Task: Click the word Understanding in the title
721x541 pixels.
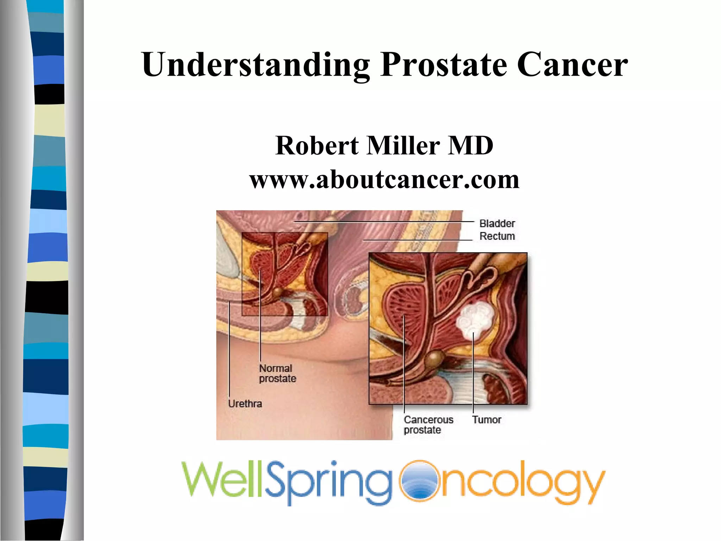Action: point(256,65)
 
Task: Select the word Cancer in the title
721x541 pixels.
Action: point(572,65)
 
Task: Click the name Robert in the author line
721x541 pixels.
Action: point(317,145)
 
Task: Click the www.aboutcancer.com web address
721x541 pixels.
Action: point(384,180)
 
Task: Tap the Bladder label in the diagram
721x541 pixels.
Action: point(497,224)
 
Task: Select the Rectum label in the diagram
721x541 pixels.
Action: point(497,236)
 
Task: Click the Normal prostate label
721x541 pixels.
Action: point(277,373)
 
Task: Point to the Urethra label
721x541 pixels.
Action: point(245,404)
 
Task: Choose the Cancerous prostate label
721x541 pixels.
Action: point(428,425)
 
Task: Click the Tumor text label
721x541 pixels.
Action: point(487,420)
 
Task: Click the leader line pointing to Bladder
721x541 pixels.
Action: point(384,222)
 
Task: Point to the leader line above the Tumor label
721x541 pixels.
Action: point(474,373)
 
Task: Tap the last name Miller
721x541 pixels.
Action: point(403,145)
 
